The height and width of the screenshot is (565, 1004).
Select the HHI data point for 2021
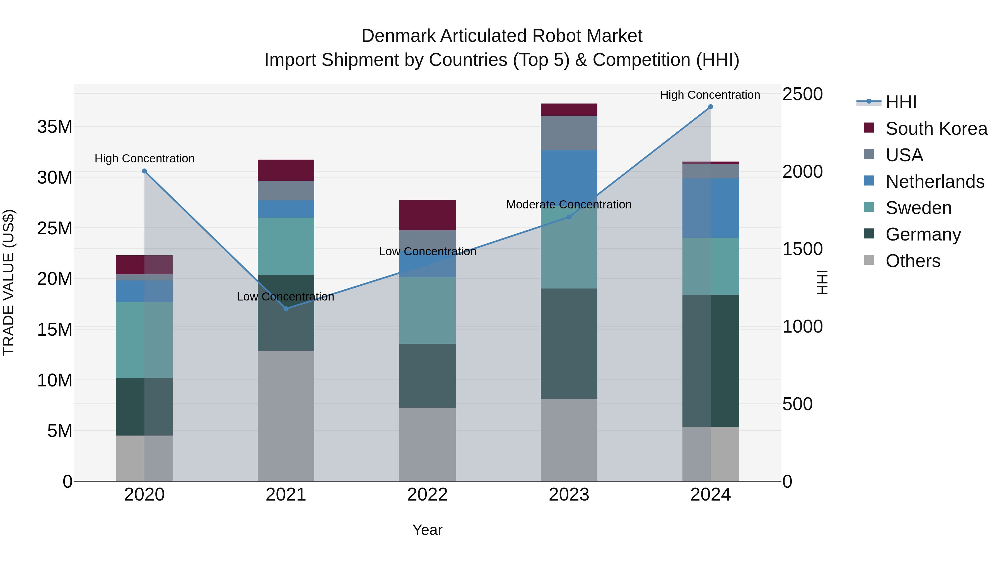(x=286, y=308)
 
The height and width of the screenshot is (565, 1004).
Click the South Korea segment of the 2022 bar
(x=427, y=215)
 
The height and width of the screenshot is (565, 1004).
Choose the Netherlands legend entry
(x=935, y=182)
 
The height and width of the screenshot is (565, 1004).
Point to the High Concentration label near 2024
(x=710, y=95)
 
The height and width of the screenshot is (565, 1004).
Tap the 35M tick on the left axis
(x=55, y=127)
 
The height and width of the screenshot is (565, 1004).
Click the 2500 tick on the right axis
(x=802, y=94)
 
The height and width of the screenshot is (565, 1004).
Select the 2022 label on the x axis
(x=427, y=495)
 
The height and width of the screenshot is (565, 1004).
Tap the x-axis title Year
(x=427, y=530)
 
